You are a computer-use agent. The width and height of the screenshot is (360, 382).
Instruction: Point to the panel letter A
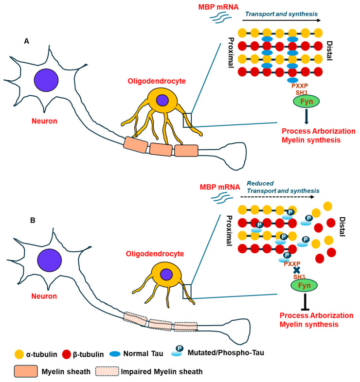point(27,42)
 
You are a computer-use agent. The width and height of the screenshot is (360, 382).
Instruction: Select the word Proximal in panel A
point(231,51)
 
